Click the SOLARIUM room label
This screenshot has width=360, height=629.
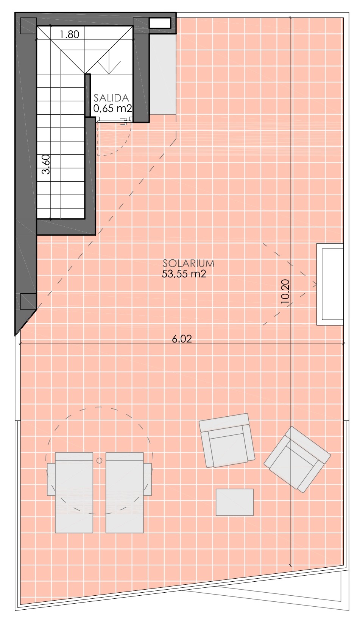pyautogui.click(x=189, y=263)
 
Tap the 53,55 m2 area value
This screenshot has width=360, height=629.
pyautogui.click(x=184, y=274)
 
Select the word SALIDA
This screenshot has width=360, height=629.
pyautogui.click(x=111, y=98)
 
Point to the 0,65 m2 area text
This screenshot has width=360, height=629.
pyautogui.click(x=112, y=108)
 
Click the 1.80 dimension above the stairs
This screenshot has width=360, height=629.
pyautogui.click(x=70, y=34)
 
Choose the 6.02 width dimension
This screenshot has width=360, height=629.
pyautogui.click(x=182, y=339)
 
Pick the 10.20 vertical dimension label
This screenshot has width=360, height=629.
pyautogui.click(x=285, y=291)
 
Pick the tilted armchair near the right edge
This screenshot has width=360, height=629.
pyautogui.click(x=297, y=459)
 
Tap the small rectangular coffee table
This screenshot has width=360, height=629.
pyautogui.click(x=235, y=502)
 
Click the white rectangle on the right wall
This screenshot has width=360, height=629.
pyautogui.click(x=330, y=284)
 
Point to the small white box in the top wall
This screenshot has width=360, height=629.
pyautogui.click(x=159, y=23)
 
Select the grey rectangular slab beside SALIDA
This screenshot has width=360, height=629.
pyautogui.click(x=163, y=75)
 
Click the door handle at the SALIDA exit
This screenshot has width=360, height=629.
pyautogui.click(x=124, y=121)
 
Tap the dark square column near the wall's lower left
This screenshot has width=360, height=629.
pyautogui.click(x=28, y=301)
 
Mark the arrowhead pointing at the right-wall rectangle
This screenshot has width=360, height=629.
pyautogui.click(x=315, y=284)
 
